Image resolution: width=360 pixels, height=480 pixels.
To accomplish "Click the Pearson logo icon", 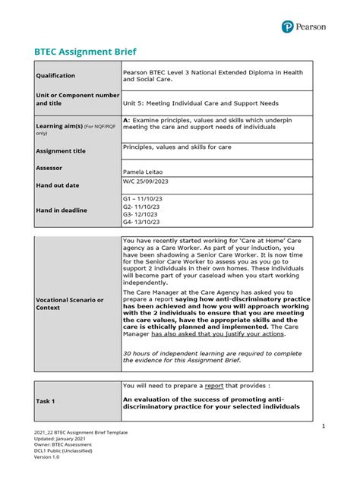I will pos(287,27).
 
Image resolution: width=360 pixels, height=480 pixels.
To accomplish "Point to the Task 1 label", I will pos(48,400).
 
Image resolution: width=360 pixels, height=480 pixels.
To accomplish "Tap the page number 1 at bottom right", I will pos(323,427).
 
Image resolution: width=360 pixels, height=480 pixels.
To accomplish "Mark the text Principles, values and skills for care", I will pos(177,147).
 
